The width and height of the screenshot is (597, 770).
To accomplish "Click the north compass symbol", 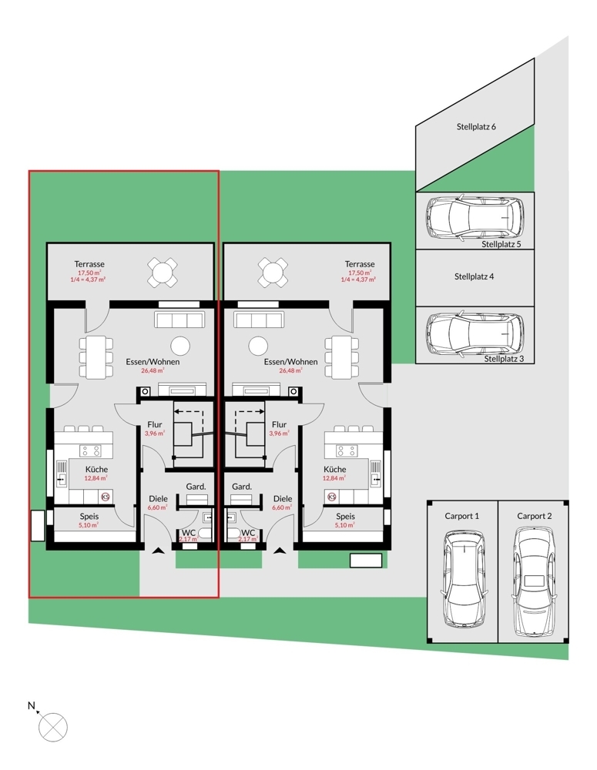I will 54,725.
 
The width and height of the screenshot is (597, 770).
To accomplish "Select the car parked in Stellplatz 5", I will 473,219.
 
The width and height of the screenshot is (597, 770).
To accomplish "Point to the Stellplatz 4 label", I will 474,276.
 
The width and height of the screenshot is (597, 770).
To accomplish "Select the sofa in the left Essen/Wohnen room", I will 179,320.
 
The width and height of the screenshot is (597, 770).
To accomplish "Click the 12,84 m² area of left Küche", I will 97,478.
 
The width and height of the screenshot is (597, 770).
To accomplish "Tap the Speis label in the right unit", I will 345,517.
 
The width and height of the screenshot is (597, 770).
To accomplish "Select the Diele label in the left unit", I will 158,499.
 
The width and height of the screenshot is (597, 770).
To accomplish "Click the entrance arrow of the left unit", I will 158,551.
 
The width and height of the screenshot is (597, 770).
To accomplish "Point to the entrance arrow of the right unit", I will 278,551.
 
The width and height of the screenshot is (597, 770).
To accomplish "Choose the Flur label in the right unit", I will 280,424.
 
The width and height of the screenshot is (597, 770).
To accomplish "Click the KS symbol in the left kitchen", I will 106,497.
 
